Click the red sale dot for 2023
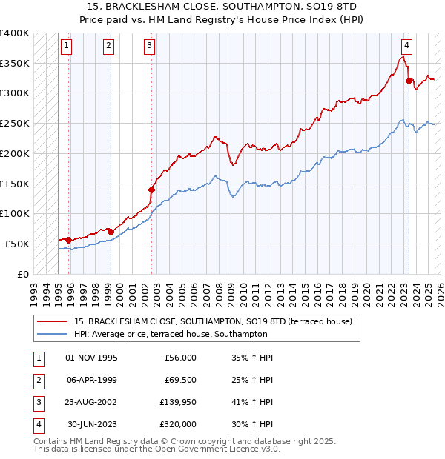pos(409,81)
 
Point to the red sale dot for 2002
pos(151,190)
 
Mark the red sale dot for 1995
pos(68,240)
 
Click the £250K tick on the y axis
pos(15,124)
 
